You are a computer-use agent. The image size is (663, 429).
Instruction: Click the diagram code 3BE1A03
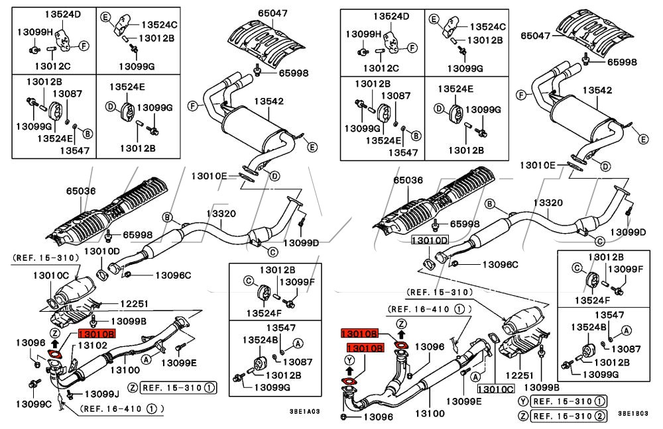coord(304,411)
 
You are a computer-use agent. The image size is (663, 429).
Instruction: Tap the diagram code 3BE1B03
coord(633,413)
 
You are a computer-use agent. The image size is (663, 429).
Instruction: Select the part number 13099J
coord(102,394)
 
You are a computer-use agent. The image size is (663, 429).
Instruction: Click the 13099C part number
coord(33,404)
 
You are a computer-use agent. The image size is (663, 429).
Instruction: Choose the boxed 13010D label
coord(429,241)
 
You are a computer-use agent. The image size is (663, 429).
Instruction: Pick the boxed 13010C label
coord(495,389)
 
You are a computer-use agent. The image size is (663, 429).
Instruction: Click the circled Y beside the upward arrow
coord(349,359)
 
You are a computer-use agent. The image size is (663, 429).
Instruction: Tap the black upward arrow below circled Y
coord(349,371)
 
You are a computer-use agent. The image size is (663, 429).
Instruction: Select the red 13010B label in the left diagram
coord(96,334)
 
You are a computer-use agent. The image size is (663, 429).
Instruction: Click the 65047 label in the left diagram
coord(272,13)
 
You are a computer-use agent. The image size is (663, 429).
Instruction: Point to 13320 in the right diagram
coord(548,203)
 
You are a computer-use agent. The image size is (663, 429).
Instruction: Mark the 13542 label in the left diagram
coord(269,101)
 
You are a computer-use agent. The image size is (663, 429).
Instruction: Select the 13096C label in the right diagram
coord(500,265)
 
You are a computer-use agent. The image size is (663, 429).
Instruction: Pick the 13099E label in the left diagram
coord(179,362)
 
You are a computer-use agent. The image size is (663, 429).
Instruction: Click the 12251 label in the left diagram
coord(134,303)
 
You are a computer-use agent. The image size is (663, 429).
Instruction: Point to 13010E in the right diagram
coord(538,165)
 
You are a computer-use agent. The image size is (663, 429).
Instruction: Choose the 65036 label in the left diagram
coord(81,191)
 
